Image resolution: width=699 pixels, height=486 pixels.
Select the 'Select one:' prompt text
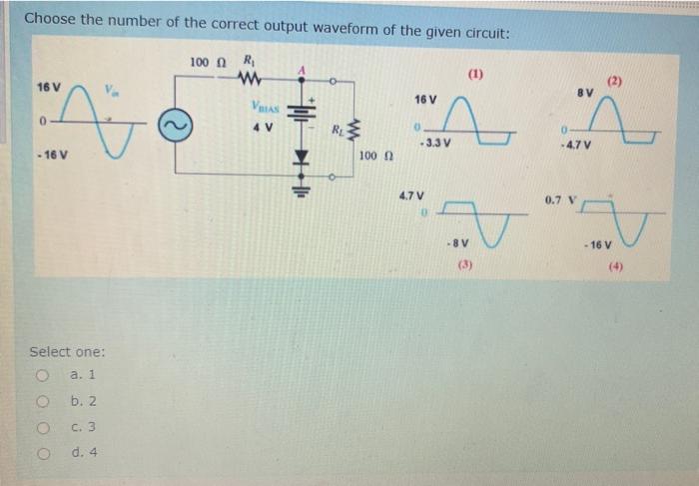(x=67, y=351)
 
